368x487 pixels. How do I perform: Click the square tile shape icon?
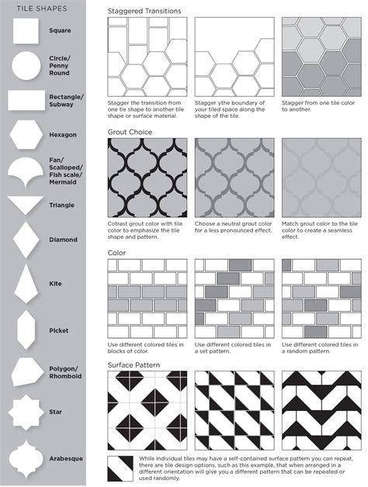[x=24, y=30]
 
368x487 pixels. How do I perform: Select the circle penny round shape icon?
[x=24, y=63]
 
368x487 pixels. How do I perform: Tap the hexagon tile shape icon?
[x=24, y=134]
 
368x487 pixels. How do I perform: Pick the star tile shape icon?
[x=24, y=411]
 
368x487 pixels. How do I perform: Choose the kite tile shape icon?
[x=24, y=284]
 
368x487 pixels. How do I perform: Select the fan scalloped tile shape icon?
[x=25, y=170]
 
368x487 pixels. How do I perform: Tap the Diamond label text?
[x=63, y=240]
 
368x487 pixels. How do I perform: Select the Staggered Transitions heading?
[x=144, y=12]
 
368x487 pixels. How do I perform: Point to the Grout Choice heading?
[x=130, y=132]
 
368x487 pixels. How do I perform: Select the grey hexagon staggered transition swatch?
[x=318, y=57]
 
